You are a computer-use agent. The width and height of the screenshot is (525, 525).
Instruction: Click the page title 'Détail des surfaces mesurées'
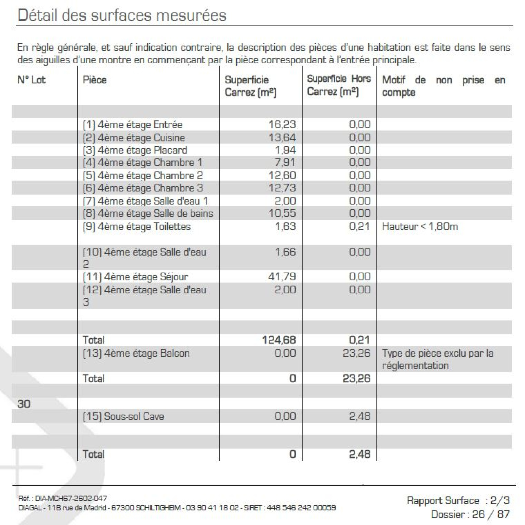pyautogui.click(x=122, y=15)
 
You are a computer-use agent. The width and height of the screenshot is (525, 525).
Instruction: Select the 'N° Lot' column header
pyautogui.click(x=31, y=80)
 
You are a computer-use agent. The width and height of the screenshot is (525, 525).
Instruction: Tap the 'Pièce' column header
pyautogui.click(x=94, y=80)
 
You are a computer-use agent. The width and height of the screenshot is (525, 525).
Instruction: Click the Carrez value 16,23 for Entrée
pyautogui.click(x=282, y=124)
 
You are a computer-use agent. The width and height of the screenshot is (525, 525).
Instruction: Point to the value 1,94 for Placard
pyautogui.click(x=285, y=150)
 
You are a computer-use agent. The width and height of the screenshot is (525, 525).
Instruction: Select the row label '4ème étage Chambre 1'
pyautogui.click(x=142, y=162)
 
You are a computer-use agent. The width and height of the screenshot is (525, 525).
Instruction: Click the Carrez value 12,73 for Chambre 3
pyautogui.click(x=282, y=188)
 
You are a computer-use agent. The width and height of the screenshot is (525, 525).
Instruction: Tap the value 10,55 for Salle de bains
pyautogui.click(x=282, y=213)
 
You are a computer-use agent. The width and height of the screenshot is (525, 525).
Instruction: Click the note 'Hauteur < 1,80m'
pyautogui.click(x=420, y=226)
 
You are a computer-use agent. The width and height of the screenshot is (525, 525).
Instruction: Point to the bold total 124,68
pyautogui.click(x=279, y=340)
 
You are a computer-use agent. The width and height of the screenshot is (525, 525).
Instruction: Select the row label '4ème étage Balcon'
pyautogui.click(x=136, y=353)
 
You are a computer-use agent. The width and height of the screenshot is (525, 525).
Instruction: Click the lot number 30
pyautogui.click(x=24, y=404)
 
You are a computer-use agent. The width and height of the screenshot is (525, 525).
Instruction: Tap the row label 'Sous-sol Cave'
pyautogui.click(x=123, y=416)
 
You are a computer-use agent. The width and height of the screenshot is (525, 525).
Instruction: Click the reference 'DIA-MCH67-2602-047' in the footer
pyautogui.click(x=71, y=498)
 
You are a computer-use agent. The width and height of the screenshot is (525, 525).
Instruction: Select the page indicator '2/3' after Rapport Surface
pyautogui.click(x=500, y=500)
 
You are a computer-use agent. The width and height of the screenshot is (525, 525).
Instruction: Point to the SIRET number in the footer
pyautogui.click(x=301, y=508)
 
